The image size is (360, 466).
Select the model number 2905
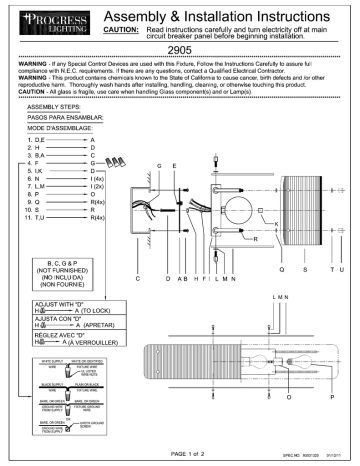[x=179, y=48]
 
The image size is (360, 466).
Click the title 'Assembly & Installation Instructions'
[x=229, y=14]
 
